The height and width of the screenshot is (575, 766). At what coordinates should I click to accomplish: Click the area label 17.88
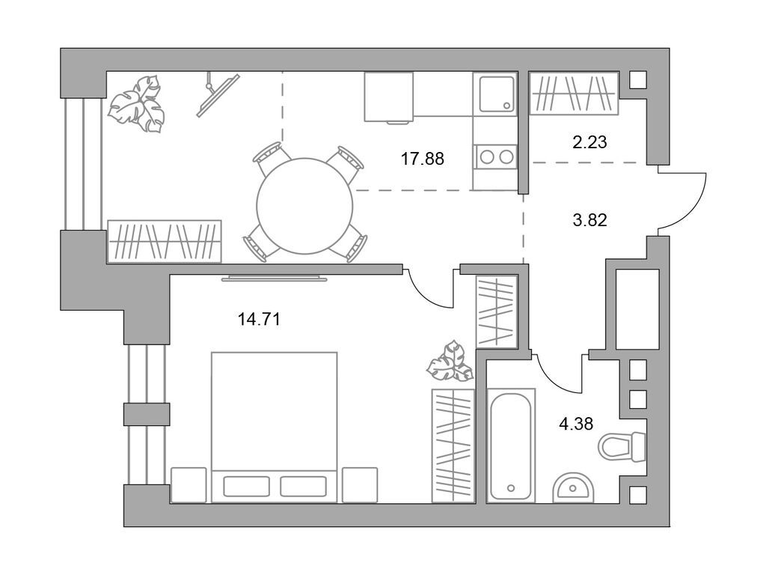tap(423, 159)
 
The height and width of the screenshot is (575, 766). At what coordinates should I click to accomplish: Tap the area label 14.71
tap(259, 319)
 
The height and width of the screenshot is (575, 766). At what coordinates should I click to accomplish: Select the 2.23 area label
tap(589, 142)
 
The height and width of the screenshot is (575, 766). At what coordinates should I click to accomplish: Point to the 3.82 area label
tap(589, 220)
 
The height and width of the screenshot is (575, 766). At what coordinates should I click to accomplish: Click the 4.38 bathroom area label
tap(576, 424)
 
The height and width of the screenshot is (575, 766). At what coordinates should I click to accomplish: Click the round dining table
tap(305, 206)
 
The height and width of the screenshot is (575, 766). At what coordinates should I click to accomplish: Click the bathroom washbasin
tap(574, 487)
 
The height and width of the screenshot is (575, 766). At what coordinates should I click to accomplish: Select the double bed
tap(274, 428)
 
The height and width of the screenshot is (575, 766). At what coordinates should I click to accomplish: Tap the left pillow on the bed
tap(246, 487)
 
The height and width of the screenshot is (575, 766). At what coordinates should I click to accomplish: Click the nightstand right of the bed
tap(360, 485)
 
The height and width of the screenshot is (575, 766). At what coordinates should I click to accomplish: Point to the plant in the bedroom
tap(450, 362)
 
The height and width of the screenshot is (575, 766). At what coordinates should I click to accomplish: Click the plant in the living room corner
tap(136, 103)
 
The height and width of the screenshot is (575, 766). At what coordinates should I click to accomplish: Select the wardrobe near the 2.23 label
tap(574, 94)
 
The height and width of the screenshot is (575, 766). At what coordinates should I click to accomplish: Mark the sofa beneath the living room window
tap(164, 242)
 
